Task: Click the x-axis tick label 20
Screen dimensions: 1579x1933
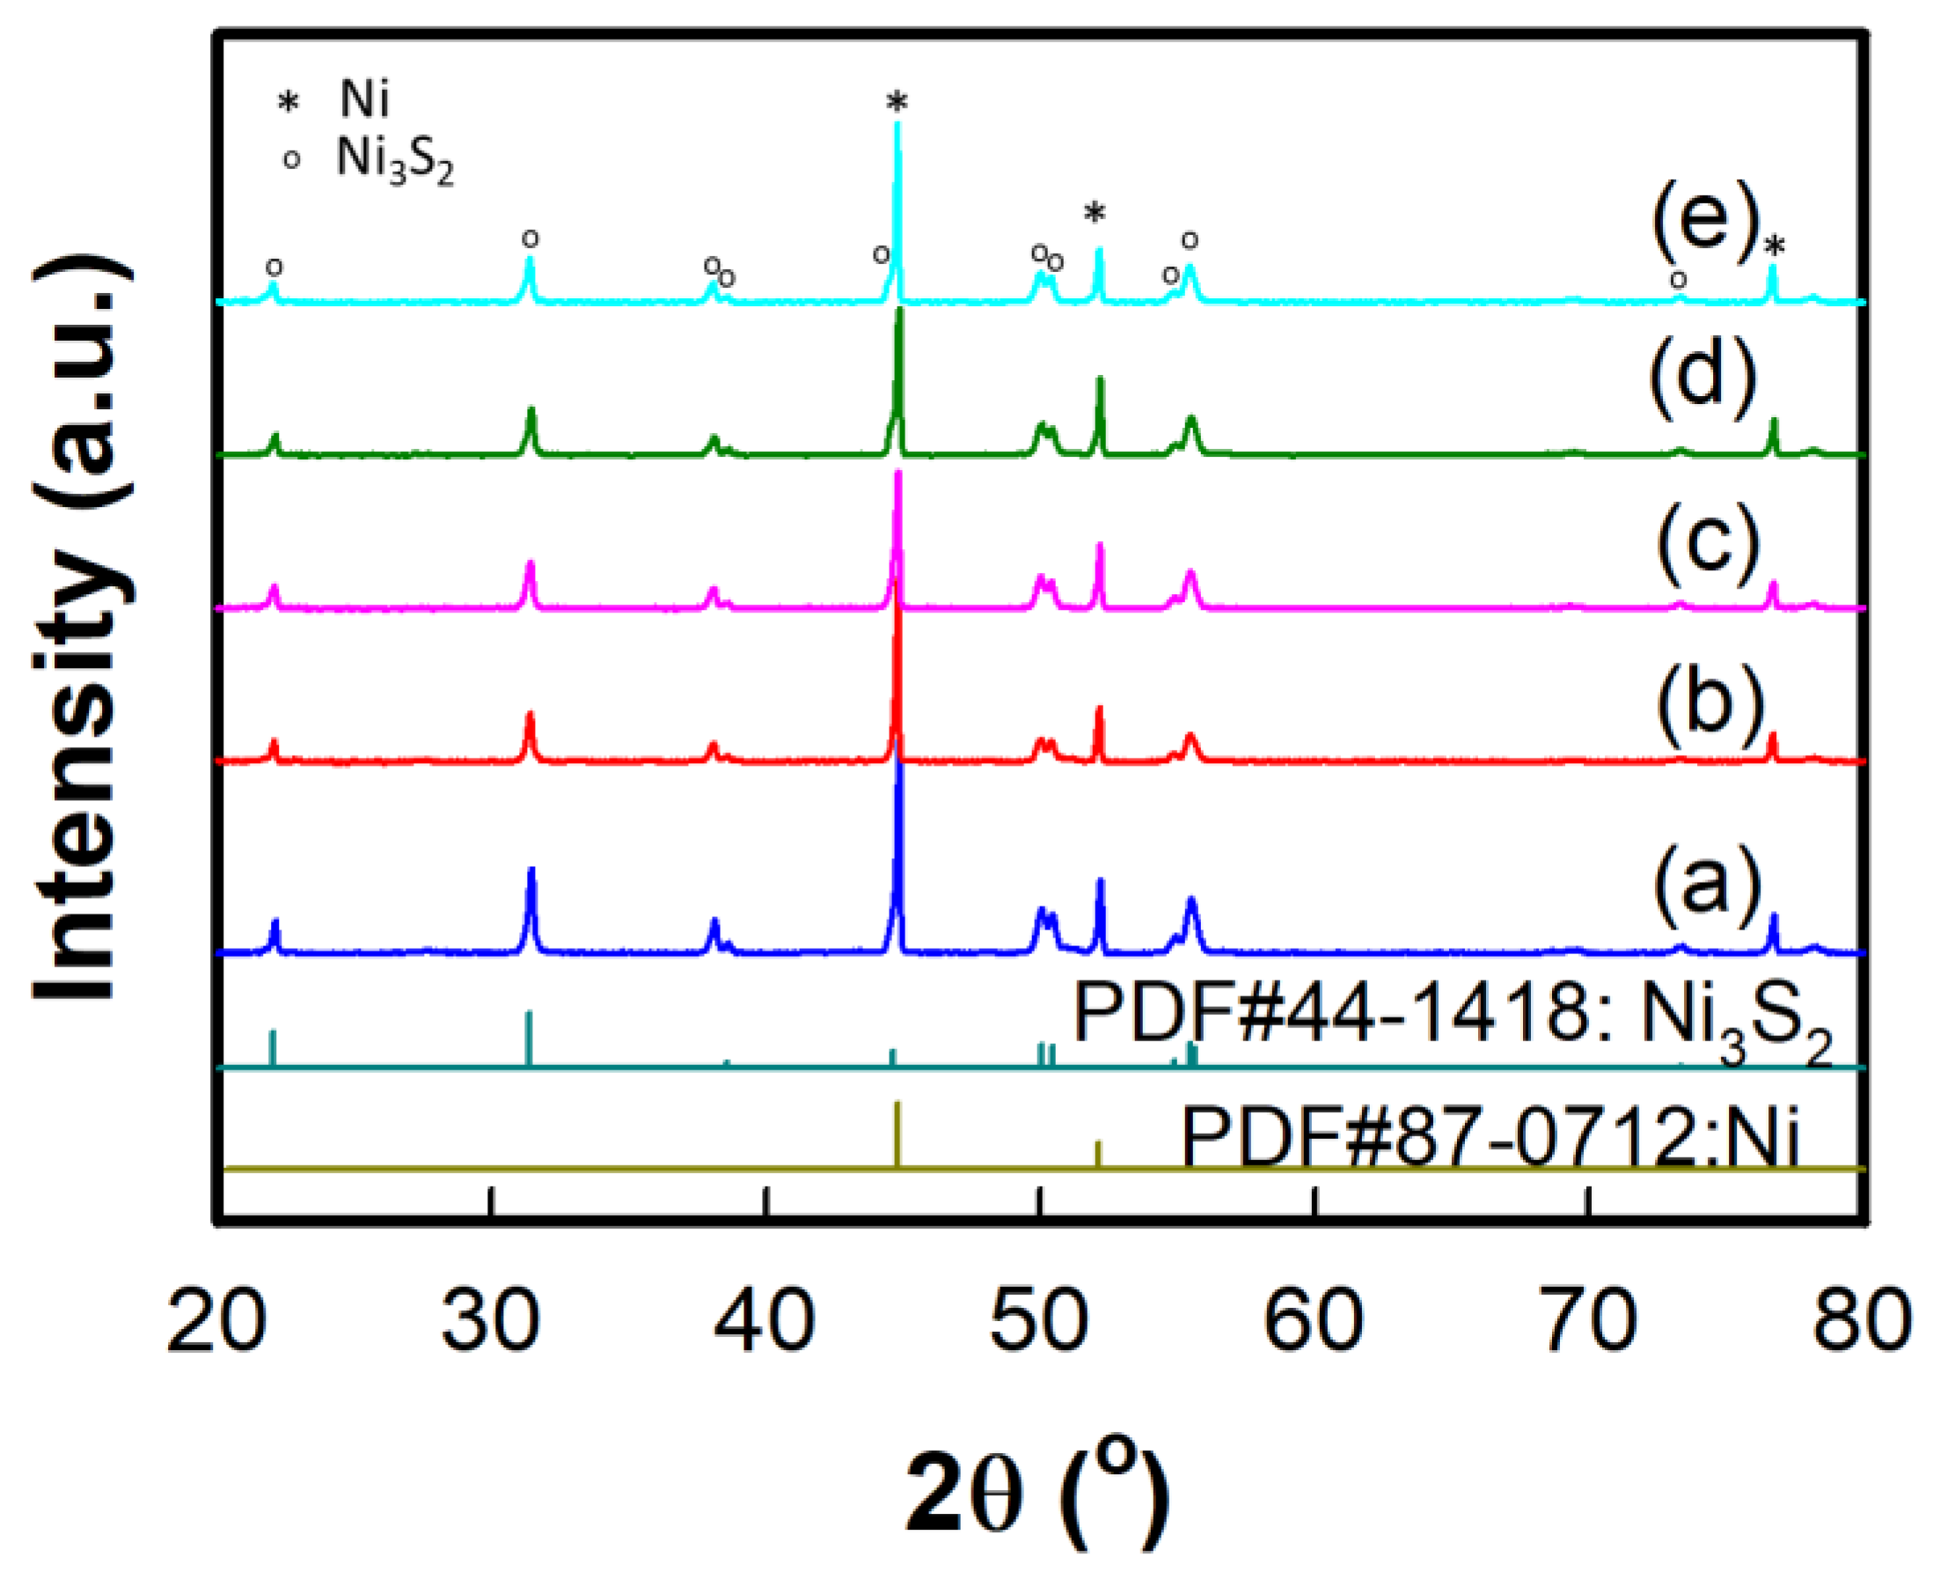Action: pyautogui.click(x=216, y=1321)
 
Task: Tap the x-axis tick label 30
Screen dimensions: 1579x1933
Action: pyautogui.click(x=491, y=1321)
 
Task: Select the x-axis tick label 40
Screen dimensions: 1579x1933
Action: pyautogui.click(x=765, y=1321)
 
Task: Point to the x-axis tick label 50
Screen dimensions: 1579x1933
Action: pyautogui.click(x=1039, y=1321)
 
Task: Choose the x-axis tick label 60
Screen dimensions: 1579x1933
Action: pyautogui.click(x=1314, y=1321)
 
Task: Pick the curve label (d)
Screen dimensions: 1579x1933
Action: pyautogui.click(x=1702, y=377)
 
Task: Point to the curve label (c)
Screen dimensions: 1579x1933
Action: pyautogui.click(x=1709, y=545)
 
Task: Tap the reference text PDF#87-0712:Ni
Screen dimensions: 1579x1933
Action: pyautogui.click(x=1491, y=1138)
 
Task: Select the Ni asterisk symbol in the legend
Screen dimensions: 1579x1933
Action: pyautogui.click(x=289, y=102)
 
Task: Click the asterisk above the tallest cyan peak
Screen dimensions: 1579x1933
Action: pyautogui.click(x=897, y=103)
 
